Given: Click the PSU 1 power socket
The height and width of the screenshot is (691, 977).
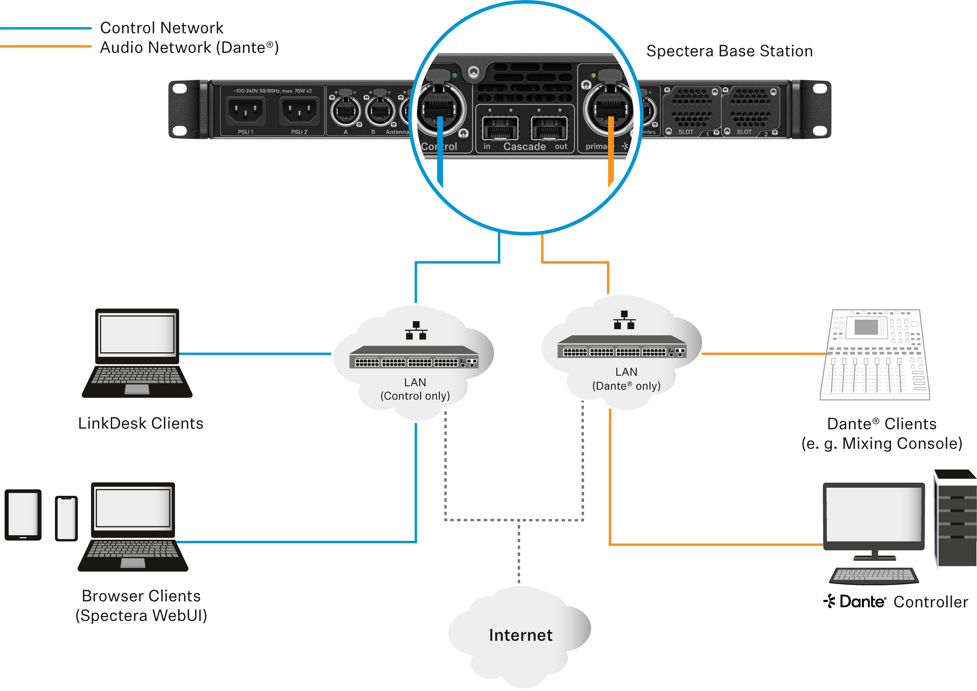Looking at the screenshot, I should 246,111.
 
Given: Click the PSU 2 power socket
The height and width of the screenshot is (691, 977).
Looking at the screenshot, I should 299,111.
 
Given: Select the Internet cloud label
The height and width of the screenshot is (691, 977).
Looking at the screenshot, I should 521,635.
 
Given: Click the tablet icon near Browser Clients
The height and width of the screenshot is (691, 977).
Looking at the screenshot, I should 23,515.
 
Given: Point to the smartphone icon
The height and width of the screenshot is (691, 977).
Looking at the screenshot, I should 66,518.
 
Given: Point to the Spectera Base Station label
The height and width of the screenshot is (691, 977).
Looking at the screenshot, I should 729,51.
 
